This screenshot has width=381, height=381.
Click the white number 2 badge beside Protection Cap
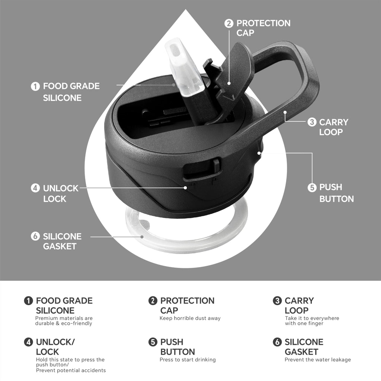click(229, 23)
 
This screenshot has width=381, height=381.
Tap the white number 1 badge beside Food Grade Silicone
click(35, 86)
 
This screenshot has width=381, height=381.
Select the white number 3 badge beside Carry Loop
click(312, 122)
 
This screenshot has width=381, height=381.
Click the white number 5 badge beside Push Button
click(312, 188)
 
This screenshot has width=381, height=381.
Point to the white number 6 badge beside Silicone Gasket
click(35, 236)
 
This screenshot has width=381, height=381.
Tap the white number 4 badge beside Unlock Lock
click(35, 188)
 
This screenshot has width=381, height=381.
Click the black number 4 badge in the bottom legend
click(28, 342)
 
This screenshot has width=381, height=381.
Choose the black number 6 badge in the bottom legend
click(277, 342)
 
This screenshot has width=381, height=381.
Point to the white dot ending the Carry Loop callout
click(285, 112)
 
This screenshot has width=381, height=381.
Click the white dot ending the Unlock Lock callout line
click(185, 188)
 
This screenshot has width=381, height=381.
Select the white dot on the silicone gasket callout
click(142, 237)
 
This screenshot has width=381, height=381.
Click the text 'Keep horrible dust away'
click(190, 318)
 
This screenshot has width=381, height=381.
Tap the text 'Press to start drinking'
click(188, 360)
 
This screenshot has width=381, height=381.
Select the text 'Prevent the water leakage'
click(318, 360)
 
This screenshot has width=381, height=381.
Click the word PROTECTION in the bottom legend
click(188, 301)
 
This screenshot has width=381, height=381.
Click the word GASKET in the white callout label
click(60, 246)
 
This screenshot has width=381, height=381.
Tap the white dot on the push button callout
click(259, 153)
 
